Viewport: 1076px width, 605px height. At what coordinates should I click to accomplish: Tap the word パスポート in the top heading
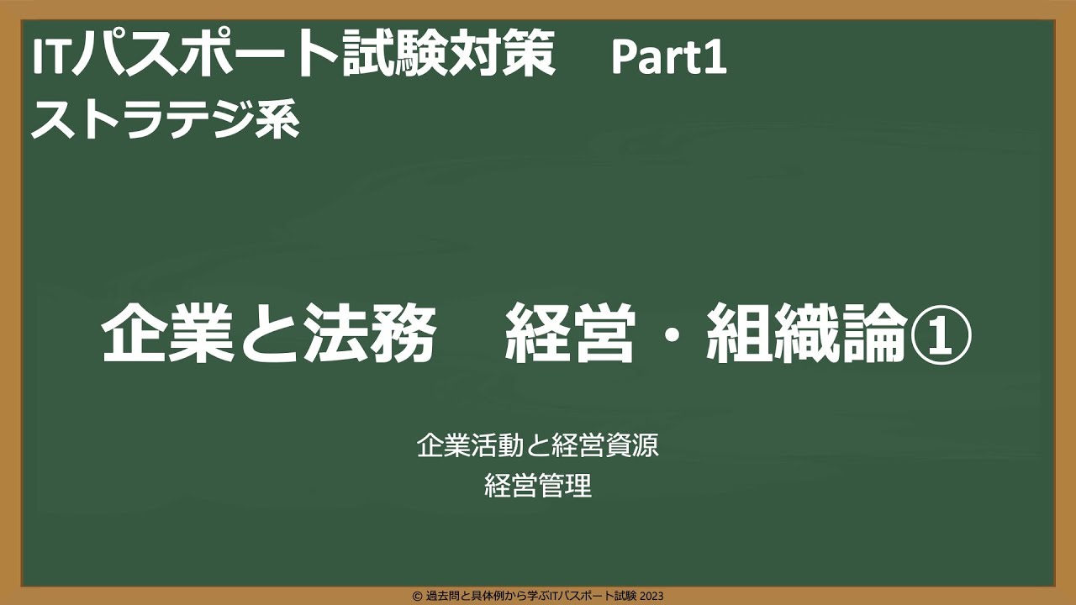tap(207, 57)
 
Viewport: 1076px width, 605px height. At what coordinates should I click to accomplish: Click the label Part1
tap(668, 59)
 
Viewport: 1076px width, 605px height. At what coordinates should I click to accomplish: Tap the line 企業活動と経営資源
tap(538, 446)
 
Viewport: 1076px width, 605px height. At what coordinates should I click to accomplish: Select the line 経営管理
tap(538, 487)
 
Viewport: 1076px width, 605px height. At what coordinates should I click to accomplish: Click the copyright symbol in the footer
tap(417, 596)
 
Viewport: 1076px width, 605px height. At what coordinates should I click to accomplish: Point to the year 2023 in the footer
tap(651, 596)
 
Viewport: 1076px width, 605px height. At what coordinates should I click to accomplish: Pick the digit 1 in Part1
tap(716, 59)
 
